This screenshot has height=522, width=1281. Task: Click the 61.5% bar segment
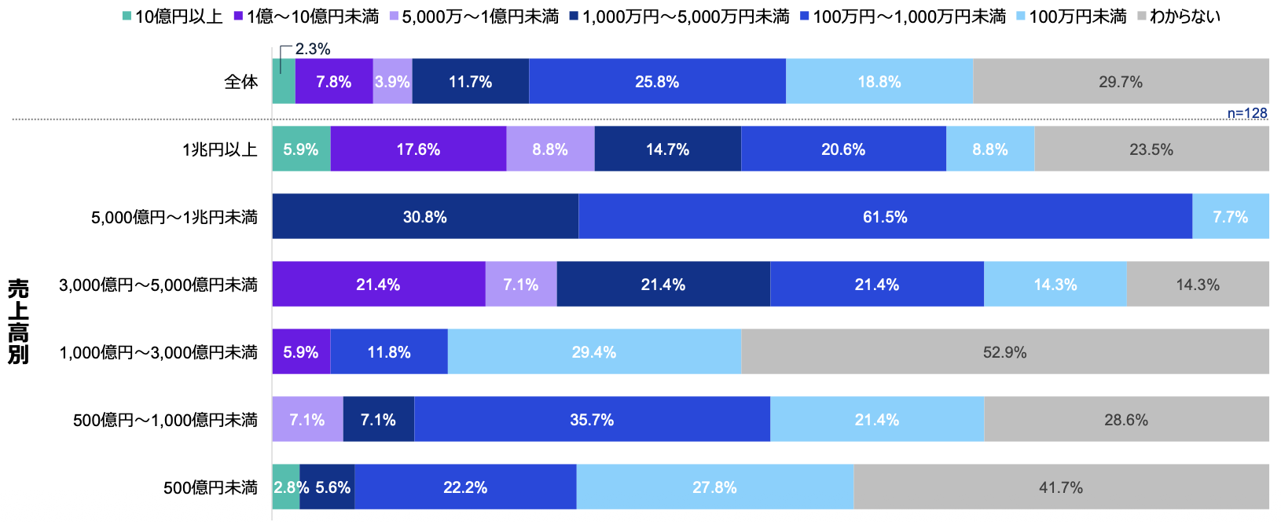[x=885, y=216]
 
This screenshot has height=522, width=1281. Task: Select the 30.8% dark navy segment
[x=425, y=216]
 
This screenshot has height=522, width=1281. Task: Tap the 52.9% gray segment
[x=1004, y=351]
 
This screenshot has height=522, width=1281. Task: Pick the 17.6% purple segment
[x=418, y=149]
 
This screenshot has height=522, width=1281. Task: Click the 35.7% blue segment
[x=592, y=419]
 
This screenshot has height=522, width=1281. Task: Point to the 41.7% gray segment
[x=1061, y=487]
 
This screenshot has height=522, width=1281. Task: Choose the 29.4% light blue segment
[x=594, y=351]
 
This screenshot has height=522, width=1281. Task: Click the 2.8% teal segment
[x=285, y=487]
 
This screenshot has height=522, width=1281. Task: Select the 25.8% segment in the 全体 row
[x=657, y=81]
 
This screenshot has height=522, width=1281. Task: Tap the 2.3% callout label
[x=313, y=49]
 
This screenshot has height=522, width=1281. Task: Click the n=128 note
[x=1247, y=113]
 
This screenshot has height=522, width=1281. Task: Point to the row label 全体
[x=240, y=82]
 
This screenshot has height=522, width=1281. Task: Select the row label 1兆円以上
[x=220, y=149]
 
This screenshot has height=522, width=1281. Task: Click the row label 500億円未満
[x=211, y=487]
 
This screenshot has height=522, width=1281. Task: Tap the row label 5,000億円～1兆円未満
[x=174, y=217]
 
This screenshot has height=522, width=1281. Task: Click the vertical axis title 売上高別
[x=18, y=321]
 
